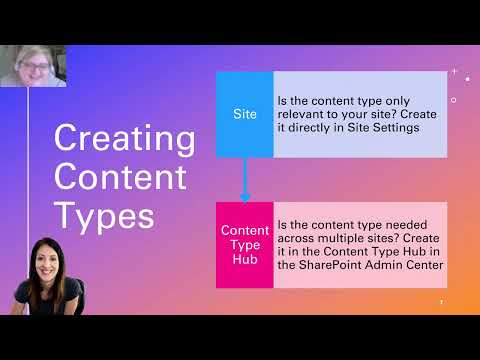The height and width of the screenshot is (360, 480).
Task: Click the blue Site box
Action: [244, 115]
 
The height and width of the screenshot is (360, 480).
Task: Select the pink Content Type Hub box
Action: [244, 245]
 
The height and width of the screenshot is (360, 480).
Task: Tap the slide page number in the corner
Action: [441, 302]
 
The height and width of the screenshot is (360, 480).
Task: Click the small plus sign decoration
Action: [454, 72]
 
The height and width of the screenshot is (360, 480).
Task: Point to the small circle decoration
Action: [454, 100]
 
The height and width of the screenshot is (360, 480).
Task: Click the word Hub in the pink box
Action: [244, 259]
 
